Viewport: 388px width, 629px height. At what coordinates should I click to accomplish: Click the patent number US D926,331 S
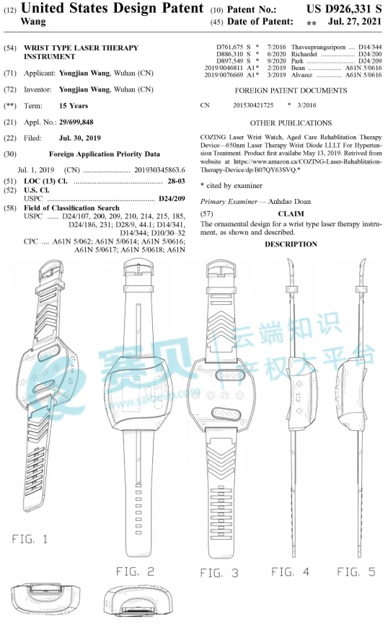(344, 9)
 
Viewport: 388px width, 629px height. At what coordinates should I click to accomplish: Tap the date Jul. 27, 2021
(355, 22)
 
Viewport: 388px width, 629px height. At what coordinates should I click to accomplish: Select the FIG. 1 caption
(30, 539)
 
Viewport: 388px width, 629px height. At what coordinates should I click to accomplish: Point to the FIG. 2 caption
(135, 571)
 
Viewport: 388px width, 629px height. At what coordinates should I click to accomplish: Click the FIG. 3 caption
(219, 573)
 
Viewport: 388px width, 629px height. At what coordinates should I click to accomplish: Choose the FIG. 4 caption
(290, 571)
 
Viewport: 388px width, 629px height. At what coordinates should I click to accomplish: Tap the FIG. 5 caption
(356, 571)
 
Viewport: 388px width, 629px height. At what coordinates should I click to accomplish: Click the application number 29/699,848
(76, 122)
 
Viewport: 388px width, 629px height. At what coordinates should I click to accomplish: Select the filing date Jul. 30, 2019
(80, 138)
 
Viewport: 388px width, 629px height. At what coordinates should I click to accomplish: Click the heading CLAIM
(291, 214)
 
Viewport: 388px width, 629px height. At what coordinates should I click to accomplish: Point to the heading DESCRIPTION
(291, 244)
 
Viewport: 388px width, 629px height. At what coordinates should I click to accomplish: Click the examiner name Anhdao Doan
(289, 201)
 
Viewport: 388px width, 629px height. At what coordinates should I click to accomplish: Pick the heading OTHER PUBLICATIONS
(291, 122)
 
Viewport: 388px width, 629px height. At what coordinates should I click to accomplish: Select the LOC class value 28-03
(176, 181)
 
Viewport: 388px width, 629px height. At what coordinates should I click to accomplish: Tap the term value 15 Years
(74, 106)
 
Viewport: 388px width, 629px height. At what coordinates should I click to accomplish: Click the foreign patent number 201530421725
(253, 105)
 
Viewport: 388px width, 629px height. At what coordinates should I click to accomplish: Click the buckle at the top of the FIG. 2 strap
(139, 267)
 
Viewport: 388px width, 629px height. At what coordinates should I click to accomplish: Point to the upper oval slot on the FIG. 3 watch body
(230, 376)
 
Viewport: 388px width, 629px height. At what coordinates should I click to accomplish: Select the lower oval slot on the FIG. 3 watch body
(226, 414)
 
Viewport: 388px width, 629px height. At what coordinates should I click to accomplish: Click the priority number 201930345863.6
(159, 170)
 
